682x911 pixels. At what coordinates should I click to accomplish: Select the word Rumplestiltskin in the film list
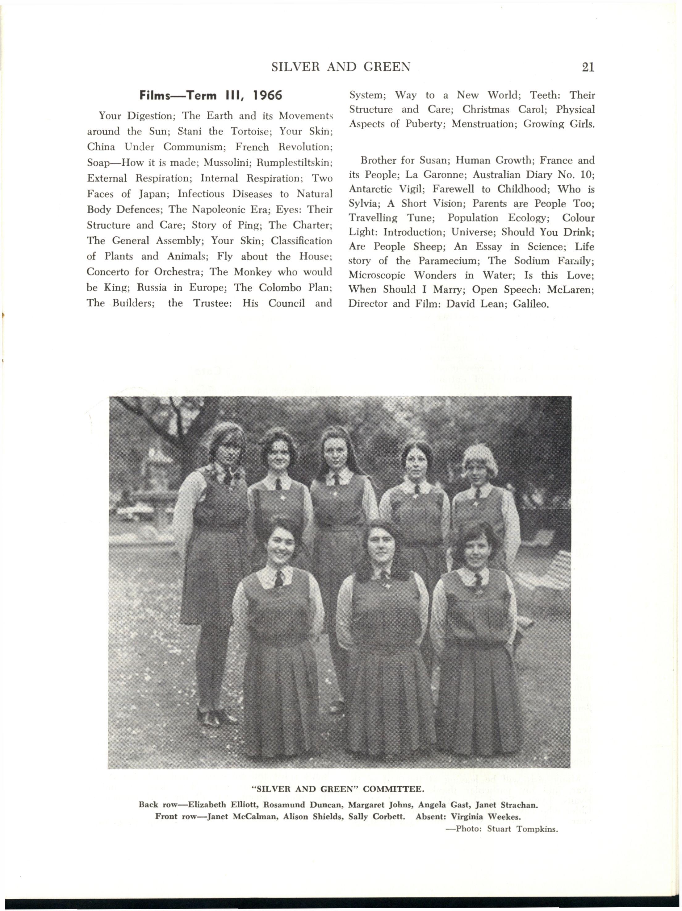(x=294, y=163)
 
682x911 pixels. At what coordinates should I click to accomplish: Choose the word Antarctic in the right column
(x=368, y=189)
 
